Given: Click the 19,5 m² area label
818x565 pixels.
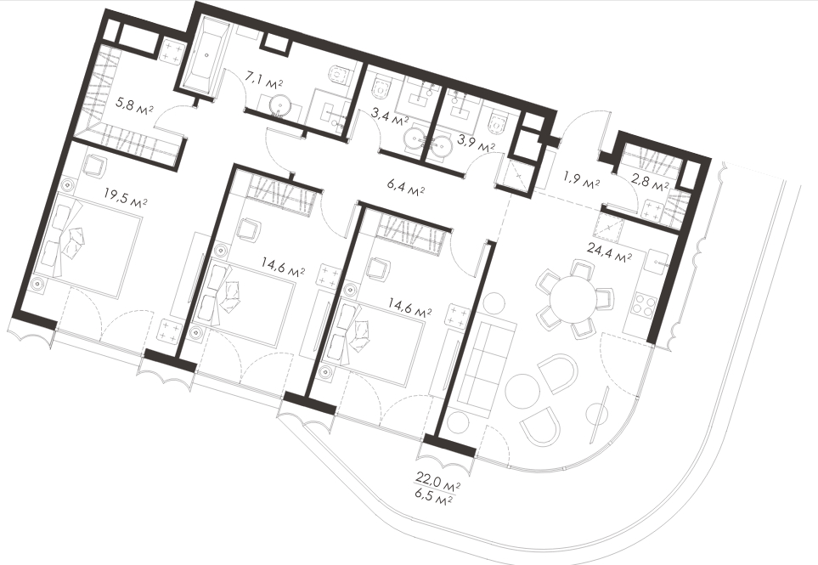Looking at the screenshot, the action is tap(125, 197).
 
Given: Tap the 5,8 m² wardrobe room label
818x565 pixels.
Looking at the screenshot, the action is tap(134, 105).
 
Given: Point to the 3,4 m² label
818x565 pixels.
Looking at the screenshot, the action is tap(389, 117).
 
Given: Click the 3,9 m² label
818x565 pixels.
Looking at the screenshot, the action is tap(476, 143).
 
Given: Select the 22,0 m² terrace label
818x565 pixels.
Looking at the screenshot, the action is tap(437, 479).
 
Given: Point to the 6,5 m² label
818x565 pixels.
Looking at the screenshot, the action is tap(433, 497).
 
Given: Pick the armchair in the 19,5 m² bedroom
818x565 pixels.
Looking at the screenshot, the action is tap(94, 167).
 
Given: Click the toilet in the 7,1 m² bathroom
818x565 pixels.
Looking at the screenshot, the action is tap(340, 77).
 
